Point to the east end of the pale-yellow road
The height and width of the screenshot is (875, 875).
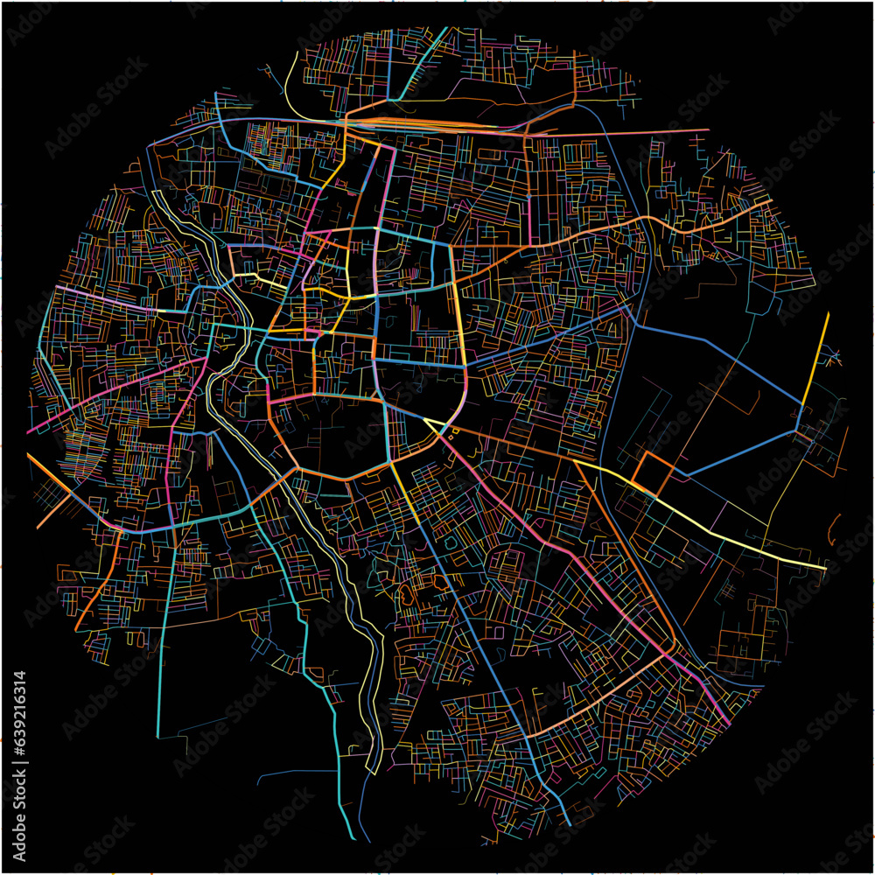(x=825, y=568)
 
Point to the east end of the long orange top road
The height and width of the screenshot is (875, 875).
(x=707, y=131)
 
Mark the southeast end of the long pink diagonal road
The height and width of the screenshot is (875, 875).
(x=729, y=723)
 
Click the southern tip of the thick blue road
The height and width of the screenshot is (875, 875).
(x=570, y=823)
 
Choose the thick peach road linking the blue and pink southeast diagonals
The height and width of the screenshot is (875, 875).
(x=604, y=691)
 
